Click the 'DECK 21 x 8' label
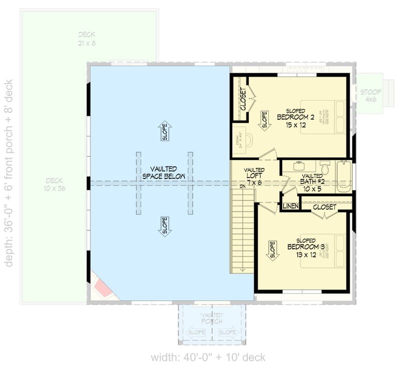coord(87,39)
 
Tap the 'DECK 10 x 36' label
coord(55,184)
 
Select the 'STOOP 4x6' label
coord(370,95)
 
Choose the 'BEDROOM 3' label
coord(303,247)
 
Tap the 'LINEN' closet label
coord(290,207)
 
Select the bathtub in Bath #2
coord(343,176)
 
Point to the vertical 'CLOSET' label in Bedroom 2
coord(243,99)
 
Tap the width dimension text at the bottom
coord(208,357)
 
